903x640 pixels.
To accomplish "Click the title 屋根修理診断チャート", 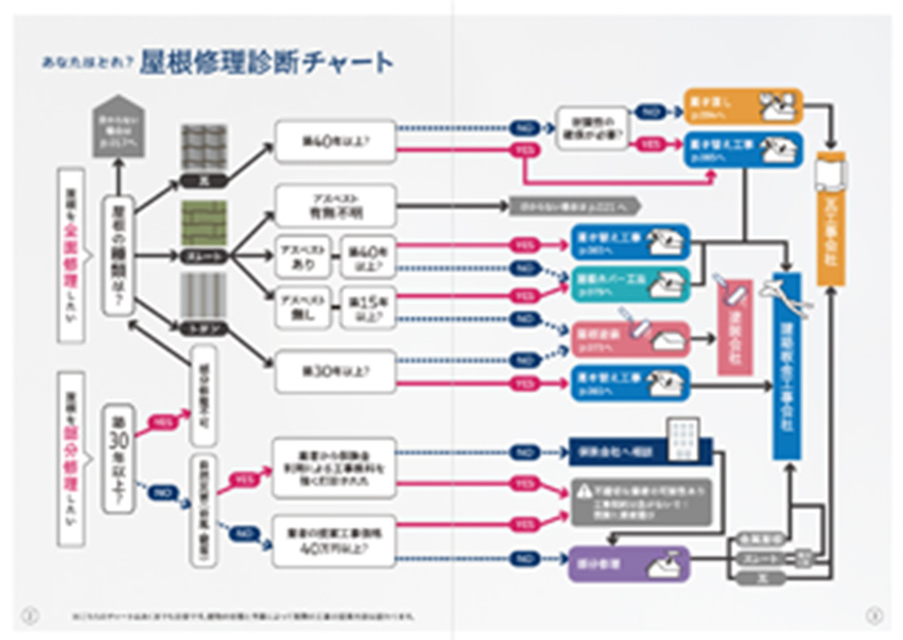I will [x=266, y=63].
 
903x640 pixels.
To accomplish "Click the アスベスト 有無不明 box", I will [x=334, y=205].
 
